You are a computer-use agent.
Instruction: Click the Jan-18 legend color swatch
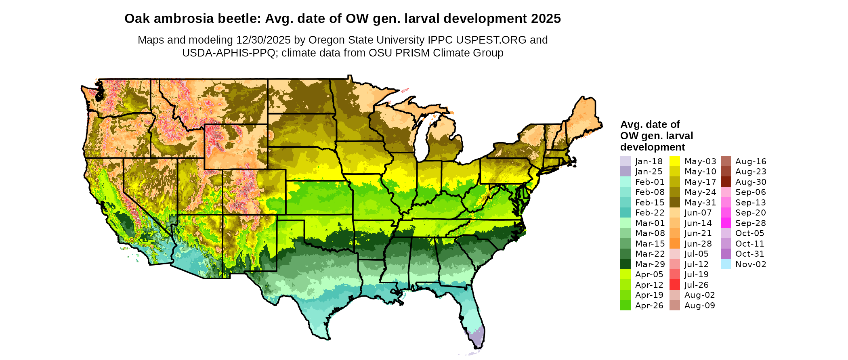pos(625,161)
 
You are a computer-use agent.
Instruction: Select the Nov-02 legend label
pos(751,264)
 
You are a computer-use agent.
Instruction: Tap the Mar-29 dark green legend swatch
pos(625,264)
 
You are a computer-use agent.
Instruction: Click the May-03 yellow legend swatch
pos(674,161)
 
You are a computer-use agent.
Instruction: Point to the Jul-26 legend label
pos(697,285)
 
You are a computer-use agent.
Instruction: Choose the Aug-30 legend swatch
pos(726,182)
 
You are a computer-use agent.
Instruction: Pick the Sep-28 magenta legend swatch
pos(726,223)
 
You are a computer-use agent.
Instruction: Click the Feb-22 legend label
pos(650,213)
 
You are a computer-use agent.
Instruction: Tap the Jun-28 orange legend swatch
pos(674,243)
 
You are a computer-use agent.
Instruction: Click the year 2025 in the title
pos(546,19)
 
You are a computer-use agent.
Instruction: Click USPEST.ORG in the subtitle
pos(491,40)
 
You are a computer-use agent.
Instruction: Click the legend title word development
pos(653,147)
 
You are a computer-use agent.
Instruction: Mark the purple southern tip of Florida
pos(478,337)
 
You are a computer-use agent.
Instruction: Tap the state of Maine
pos(583,117)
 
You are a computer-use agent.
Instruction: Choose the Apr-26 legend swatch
pos(625,305)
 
